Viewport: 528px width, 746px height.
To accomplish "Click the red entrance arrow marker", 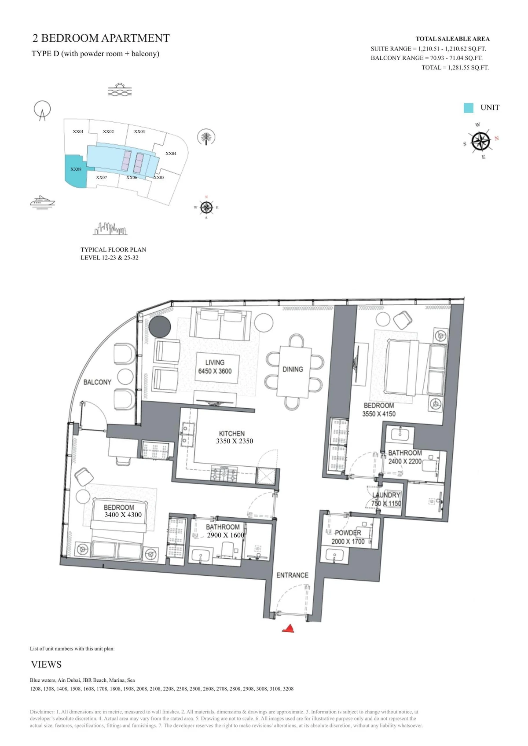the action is tap(289, 629).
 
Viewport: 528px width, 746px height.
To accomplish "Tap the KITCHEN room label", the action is tap(232, 434).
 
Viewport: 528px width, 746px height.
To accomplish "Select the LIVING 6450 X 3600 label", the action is tap(215, 367).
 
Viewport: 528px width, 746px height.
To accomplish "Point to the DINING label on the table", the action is tap(293, 369).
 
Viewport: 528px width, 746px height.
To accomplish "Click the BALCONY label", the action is tap(97, 382).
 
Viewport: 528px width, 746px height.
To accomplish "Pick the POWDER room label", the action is tap(348, 533).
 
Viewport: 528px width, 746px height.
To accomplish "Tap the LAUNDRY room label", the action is tap(386, 495).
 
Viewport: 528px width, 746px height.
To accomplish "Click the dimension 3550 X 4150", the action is tap(379, 414).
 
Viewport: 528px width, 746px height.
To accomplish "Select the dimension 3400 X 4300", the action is tap(123, 515).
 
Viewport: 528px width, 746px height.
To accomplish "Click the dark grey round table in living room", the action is tap(160, 326).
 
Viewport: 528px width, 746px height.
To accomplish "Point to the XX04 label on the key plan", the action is tap(171, 154).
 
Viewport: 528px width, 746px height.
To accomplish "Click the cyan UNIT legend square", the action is tap(468, 108).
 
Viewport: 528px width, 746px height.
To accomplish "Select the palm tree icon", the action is tap(206, 137).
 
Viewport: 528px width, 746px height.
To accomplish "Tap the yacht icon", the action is tap(42, 202).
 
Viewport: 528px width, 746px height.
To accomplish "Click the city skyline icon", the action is tap(110, 229).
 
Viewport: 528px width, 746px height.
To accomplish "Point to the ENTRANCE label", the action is tap(292, 575).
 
